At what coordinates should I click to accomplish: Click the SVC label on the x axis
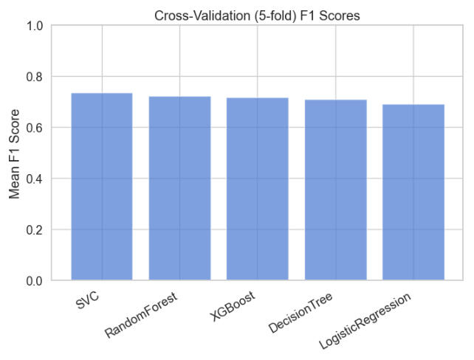click(x=88, y=301)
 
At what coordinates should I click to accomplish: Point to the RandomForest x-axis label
click(x=142, y=315)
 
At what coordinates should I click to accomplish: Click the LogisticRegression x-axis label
click(x=365, y=321)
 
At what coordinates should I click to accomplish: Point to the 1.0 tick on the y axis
click(x=34, y=26)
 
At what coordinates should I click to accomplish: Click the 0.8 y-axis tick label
click(x=34, y=77)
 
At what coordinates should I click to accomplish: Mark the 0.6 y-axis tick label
click(x=34, y=128)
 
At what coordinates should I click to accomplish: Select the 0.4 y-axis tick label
click(x=34, y=179)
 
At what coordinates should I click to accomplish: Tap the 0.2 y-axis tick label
click(x=34, y=229)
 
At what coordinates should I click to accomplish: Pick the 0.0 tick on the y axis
click(x=34, y=281)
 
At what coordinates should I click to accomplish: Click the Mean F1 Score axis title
click(x=14, y=153)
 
